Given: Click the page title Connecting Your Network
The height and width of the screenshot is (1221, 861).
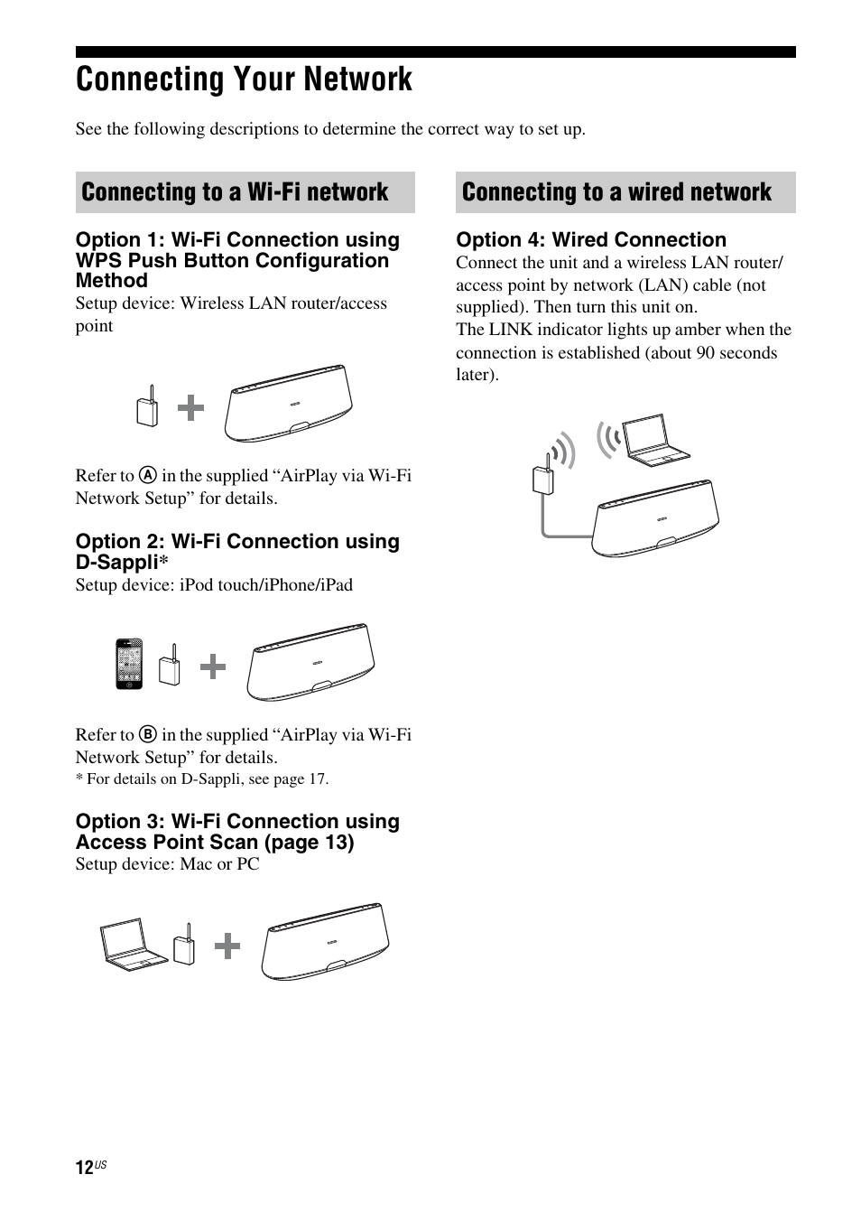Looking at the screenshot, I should tap(244, 79).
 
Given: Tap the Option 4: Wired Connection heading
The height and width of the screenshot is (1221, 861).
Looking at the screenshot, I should tap(591, 239).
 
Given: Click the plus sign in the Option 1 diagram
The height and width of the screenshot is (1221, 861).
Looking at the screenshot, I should tap(190, 409).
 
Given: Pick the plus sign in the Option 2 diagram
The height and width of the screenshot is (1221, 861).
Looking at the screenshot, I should tap(213, 668).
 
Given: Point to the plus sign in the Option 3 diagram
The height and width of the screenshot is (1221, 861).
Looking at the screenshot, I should tap(227, 946).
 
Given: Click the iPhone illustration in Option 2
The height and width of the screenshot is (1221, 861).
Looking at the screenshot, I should tap(129, 664).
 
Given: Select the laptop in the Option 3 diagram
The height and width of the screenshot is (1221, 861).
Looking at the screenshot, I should tap(132, 944).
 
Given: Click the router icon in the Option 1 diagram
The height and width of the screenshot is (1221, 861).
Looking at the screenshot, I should tap(147, 408).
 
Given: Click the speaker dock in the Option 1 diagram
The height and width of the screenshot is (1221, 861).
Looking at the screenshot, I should tap(288, 404).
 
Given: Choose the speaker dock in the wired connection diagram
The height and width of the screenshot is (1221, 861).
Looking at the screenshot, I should tap(656, 519).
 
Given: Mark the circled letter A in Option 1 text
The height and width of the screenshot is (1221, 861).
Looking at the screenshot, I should tap(149, 476).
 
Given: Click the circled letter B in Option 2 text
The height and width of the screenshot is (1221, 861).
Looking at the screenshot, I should tap(149, 735).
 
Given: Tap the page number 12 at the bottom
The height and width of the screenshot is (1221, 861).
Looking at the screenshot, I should tap(84, 1168).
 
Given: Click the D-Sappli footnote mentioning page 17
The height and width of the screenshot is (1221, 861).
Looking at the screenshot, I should tap(202, 778).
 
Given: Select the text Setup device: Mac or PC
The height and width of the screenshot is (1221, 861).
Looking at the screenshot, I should tap(167, 864).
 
